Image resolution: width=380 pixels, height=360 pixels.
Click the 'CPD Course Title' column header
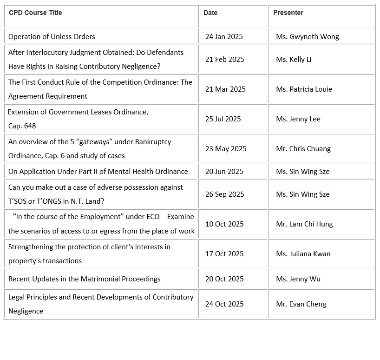pyautogui.click(x=35, y=13)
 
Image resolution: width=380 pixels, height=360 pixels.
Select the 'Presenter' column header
pyautogui.click(x=288, y=13)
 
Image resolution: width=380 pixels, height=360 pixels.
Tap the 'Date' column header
pyautogui.click(x=210, y=13)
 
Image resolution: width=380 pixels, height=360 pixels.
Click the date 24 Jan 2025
pyautogui.click(x=224, y=37)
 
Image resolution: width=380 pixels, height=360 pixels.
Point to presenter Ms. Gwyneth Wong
pyautogui.click(x=307, y=37)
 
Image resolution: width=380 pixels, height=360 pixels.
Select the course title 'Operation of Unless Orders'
pyautogui.click(x=52, y=37)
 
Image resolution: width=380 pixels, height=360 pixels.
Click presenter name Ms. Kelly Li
pyautogui.click(x=294, y=60)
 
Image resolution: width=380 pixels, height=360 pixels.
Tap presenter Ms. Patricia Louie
pyautogui.click(x=304, y=89)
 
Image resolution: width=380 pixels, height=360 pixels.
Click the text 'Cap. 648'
pyautogui.click(x=22, y=126)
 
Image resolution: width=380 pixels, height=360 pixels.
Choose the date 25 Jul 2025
pyautogui.click(x=223, y=119)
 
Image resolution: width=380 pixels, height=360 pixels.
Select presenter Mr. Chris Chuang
pyautogui.click(x=303, y=149)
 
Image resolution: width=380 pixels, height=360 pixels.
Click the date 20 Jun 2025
pyautogui.click(x=224, y=172)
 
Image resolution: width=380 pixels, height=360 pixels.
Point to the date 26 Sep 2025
pyautogui.click(x=224, y=194)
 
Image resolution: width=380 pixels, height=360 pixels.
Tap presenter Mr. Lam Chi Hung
pyautogui.click(x=304, y=224)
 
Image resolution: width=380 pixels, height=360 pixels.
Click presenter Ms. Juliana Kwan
pyautogui.click(x=303, y=254)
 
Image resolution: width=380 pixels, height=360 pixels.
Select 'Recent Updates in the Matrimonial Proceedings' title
pyautogui.click(x=85, y=279)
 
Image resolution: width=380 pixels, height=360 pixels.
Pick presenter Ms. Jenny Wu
pyautogui.click(x=298, y=279)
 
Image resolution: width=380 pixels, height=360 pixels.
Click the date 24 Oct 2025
pyautogui.click(x=224, y=304)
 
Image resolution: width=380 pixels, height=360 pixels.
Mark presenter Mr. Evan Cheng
pyautogui.click(x=301, y=304)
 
